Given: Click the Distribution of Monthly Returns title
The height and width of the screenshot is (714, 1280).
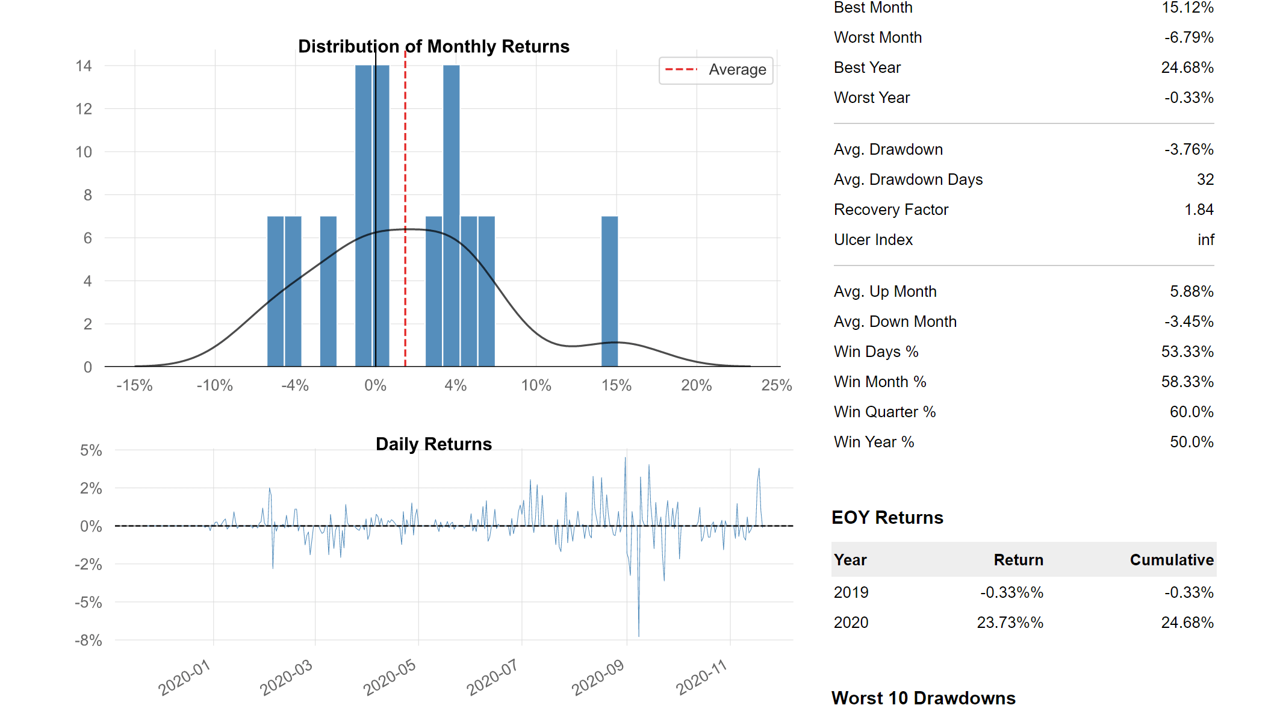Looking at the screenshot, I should (433, 46).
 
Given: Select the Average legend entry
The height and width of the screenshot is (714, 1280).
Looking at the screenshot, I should (716, 70).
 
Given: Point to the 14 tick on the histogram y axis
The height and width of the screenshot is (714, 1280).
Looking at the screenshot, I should (84, 66).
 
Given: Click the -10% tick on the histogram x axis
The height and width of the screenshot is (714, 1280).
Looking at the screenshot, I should (214, 385).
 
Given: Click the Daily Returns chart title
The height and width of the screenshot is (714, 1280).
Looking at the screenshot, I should (433, 444).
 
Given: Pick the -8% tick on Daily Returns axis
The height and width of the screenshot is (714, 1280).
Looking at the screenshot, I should (89, 640).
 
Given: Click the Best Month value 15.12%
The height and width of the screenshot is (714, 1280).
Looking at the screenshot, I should (1187, 8).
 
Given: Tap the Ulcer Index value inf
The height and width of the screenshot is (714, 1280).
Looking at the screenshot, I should (1205, 240).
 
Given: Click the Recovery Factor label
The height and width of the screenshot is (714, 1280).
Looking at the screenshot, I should (890, 210).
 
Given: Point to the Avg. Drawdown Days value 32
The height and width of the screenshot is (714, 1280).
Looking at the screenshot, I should (1205, 179).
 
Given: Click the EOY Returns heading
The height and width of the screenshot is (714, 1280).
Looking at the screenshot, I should (887, 517).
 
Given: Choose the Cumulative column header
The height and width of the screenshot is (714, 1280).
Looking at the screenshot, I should (1171, 560).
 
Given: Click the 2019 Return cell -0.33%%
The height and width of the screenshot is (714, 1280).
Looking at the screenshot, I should (1011, 592).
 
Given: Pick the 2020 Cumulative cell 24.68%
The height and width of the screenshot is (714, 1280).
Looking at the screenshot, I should (1187, 622).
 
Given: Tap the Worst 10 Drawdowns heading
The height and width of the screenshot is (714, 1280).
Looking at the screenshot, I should (923, 698).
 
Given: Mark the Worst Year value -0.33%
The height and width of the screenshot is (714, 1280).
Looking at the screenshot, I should (1188, 98).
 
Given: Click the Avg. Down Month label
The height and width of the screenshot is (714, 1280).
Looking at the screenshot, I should (895, 321).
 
